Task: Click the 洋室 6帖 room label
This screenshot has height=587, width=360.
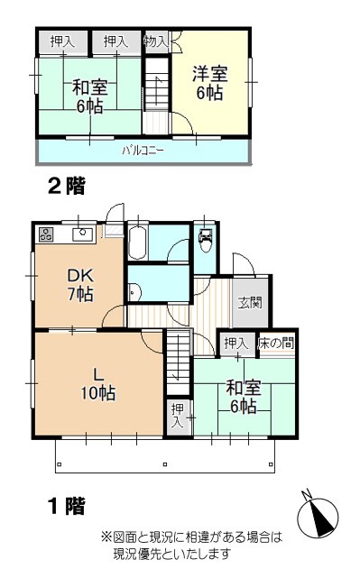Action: tap(210, 83)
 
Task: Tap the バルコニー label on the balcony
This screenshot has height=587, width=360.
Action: tap(143, 151)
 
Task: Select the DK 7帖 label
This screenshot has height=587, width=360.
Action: tap(80, 285)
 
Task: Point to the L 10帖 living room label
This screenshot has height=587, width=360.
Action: tap(97, 384)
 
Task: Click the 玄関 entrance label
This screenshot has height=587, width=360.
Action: tap(250, 302)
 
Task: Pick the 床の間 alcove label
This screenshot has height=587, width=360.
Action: tap(276, 344)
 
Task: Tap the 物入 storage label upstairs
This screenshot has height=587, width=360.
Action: tap(155, 41)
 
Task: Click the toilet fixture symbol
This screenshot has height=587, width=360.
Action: tap(206, 240)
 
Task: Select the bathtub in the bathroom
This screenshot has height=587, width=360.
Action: tap(138, 243)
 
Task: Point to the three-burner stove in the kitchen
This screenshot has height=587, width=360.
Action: tap(46, 234)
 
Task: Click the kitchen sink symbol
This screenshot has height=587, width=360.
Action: tap(82, 235)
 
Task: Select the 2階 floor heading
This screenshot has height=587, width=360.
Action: tap(67, 186)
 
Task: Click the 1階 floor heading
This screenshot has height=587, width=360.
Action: tap(67, 506)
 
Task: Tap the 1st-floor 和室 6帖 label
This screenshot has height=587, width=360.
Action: tap(244, 397)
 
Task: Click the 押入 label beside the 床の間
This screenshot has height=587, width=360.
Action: tap(236, 344)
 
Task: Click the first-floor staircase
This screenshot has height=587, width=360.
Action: tap(178, 362)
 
